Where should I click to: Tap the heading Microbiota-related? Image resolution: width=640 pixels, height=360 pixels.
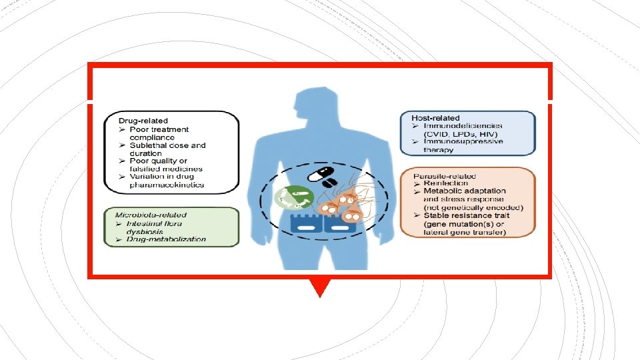tap(151, 215)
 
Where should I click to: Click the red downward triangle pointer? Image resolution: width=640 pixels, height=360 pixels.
tap(320, 287)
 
